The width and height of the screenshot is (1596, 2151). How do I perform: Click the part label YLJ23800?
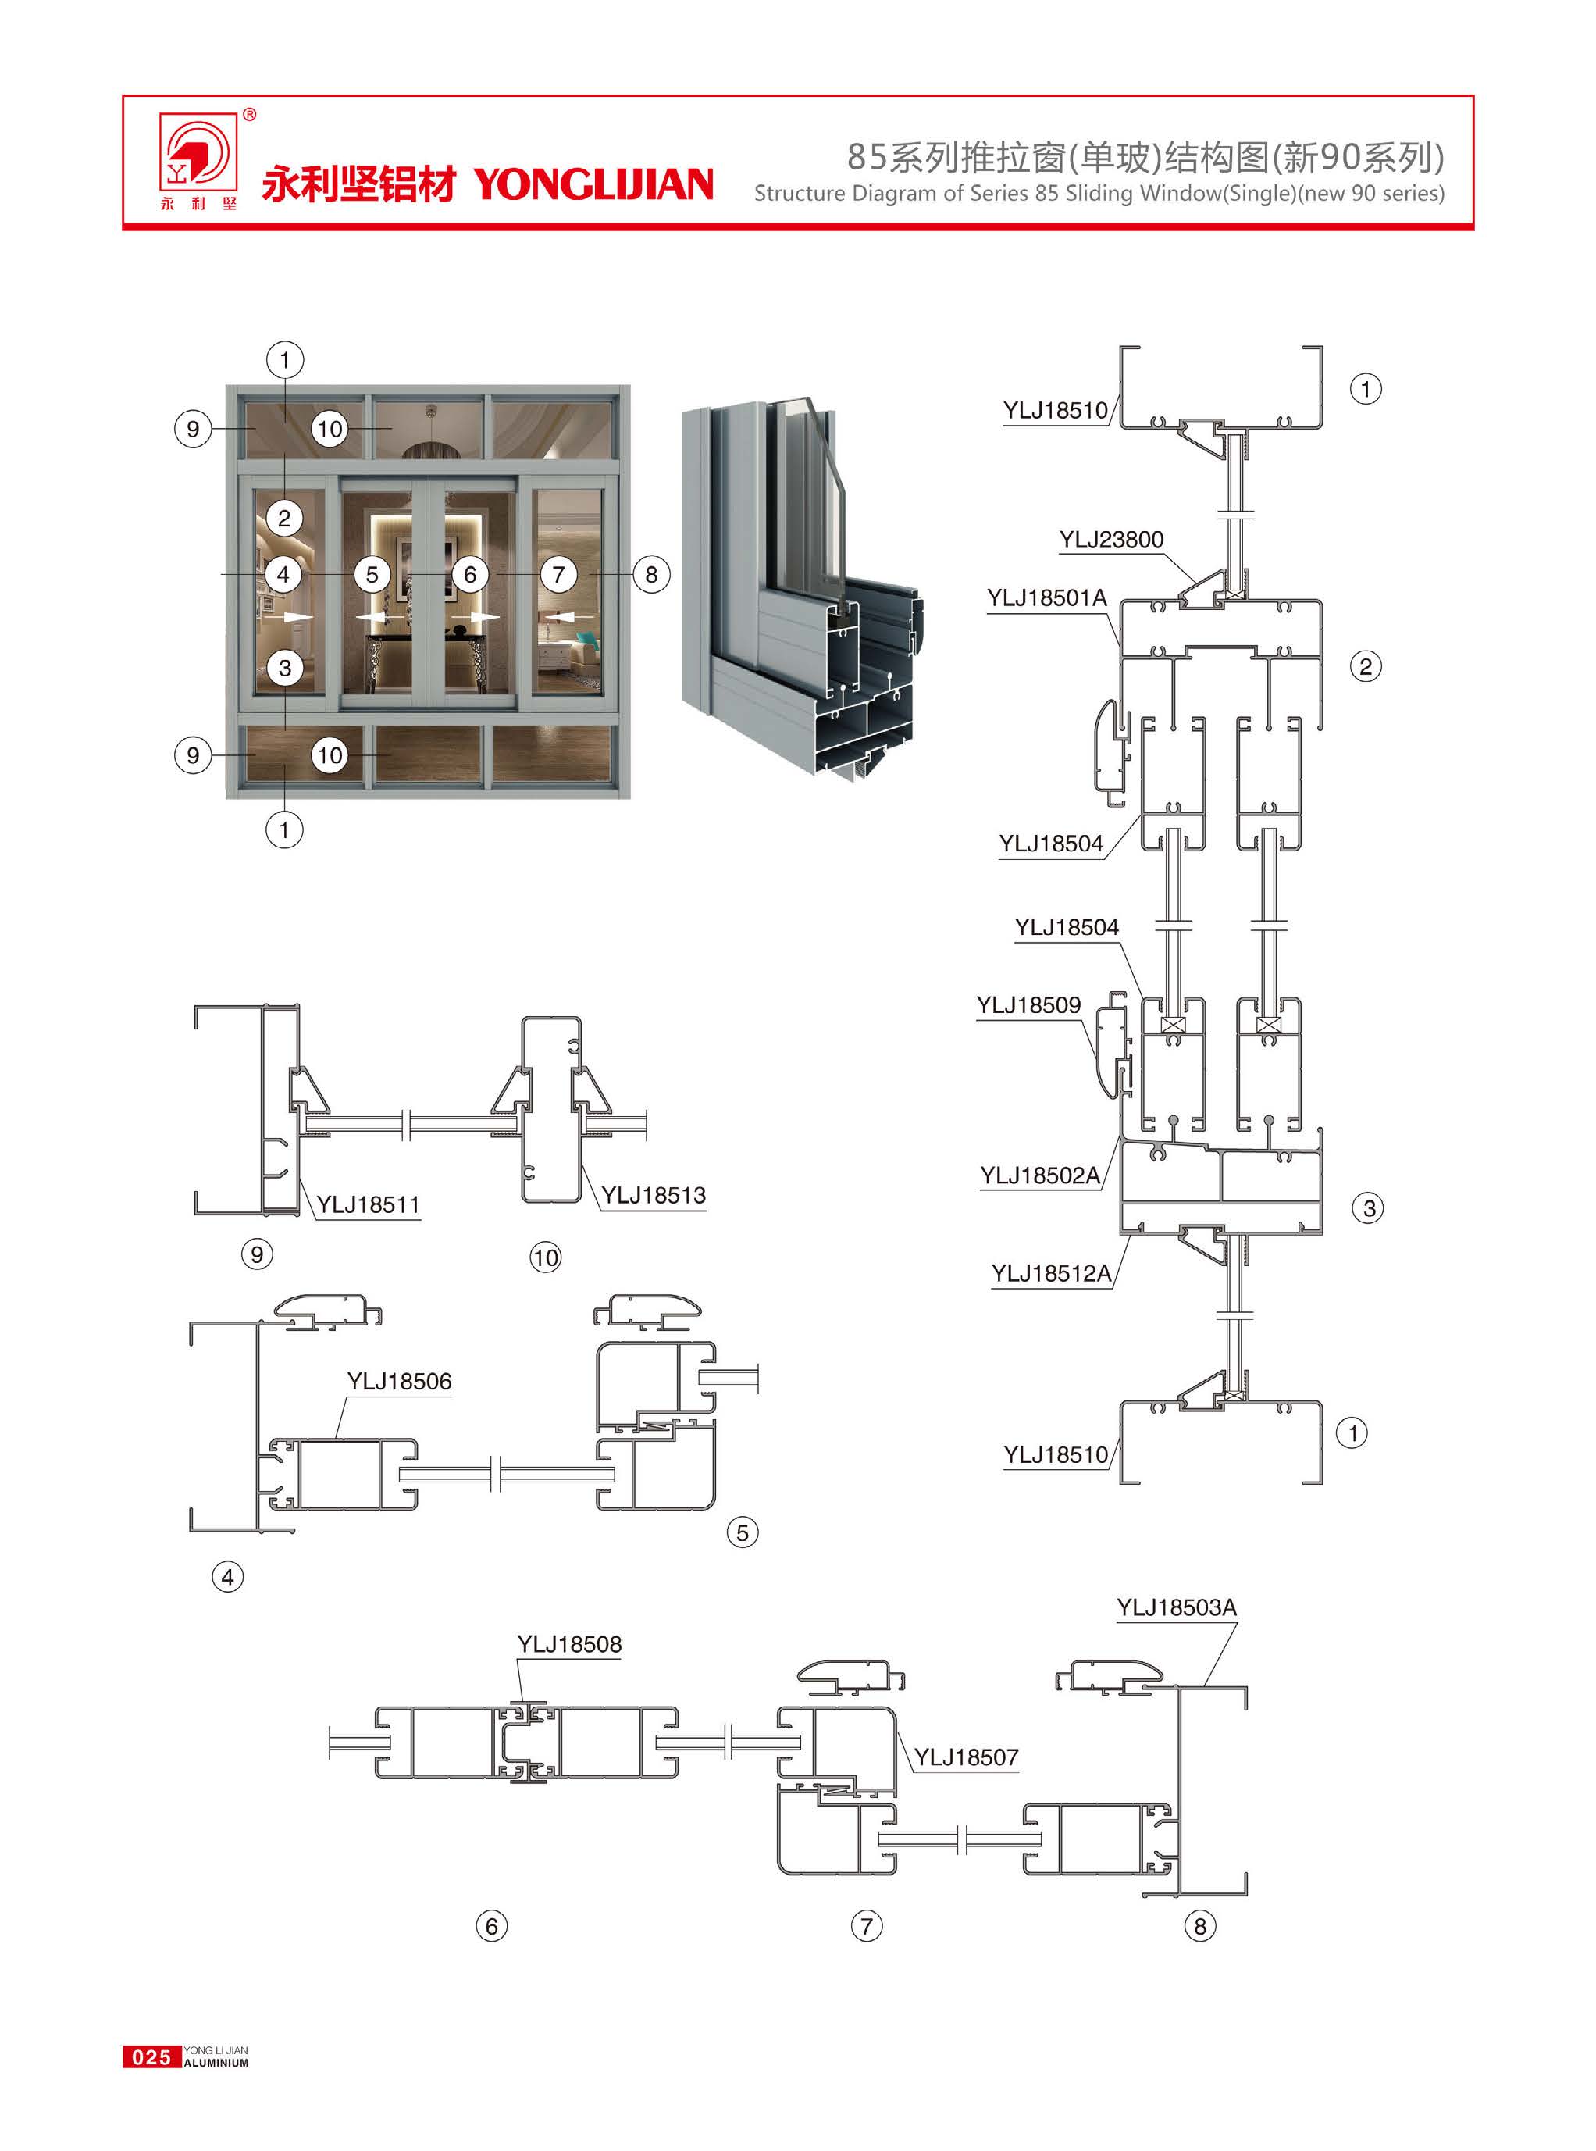click(1111, 539)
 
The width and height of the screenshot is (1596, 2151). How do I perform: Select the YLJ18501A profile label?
click(1046, 598)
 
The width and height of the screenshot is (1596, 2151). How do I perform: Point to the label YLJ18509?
click(1028, 1005)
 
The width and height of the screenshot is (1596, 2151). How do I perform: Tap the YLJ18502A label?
click(1039, 1175)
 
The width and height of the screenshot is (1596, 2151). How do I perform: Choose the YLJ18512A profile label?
click(1051, 1272)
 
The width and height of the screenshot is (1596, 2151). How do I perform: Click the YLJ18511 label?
click(368, 1204)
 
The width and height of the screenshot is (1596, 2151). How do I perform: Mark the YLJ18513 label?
click(653, 1195)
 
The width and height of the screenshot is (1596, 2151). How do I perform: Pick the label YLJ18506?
click(399, 1381)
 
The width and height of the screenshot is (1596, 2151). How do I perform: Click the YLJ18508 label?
click(569, 1643)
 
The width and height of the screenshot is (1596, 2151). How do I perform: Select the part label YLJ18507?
click(966, 1757)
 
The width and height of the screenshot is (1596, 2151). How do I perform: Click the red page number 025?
click(151, 2056)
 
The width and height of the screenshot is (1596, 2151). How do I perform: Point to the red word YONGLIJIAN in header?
click(593, 184)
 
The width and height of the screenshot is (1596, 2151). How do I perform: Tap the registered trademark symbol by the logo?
click(249, 115)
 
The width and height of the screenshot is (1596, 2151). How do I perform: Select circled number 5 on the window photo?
click(372, 575)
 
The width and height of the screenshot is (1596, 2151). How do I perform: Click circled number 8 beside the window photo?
click(651, 575)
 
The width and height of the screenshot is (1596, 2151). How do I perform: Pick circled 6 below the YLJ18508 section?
click(492, 1926)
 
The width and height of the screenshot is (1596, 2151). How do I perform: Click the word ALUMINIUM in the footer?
click(216, 2062)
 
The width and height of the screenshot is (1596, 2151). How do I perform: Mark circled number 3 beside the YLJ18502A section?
click(1368, 1207)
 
